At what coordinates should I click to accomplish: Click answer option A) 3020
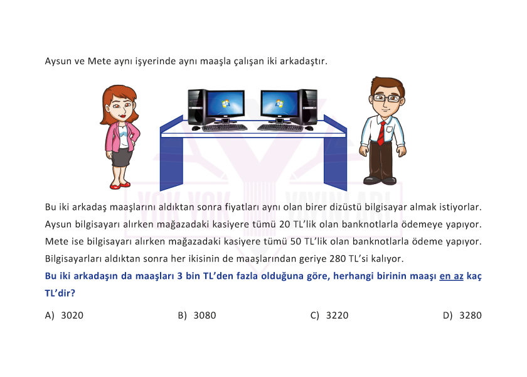[64, 315]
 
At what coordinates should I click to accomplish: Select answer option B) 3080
[197, 315]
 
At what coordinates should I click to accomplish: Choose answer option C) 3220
[329, 315]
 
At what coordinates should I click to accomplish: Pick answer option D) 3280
[462, 315]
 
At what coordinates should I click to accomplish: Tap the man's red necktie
[381, 133]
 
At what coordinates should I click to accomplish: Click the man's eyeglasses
[387, 98]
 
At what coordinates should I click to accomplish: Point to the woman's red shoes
[120, 185]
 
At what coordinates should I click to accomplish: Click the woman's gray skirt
[121, 157]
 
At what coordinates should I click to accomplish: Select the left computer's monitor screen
[225, 102]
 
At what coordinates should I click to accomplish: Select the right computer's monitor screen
[279, 102]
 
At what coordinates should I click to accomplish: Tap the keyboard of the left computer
[225, 128]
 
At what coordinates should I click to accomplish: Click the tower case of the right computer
[308, 107]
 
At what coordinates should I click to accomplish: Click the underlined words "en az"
[451, 276]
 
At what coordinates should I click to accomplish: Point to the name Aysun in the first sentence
[58, 62]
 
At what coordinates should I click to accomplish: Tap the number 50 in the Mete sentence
[295, 241]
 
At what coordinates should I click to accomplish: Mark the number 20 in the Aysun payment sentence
[285, 224]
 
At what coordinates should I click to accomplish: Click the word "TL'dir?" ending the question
[60, 293]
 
